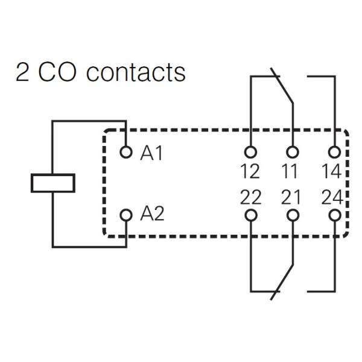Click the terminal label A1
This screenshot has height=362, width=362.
coord(151,154)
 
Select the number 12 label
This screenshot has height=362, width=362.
coord(250,172)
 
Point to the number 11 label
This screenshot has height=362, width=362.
coord(290,172)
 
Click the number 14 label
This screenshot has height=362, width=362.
coord(331,172)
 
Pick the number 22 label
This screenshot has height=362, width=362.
coord(250,198)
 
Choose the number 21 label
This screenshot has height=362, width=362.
coord(290,198)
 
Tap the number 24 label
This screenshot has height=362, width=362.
coord(331,198)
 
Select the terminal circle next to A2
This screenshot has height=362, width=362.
coord(125,215)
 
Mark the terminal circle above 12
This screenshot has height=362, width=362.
coord(250,152)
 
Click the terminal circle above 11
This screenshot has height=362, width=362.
coord(293,152)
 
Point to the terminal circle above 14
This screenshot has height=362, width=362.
coord(334,152)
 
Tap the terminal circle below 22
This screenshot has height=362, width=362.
coord(250,215)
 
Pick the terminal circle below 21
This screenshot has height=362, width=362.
coord(293,215)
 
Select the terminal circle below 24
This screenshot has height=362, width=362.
coord(334,215)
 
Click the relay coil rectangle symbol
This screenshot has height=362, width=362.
coord(53,183)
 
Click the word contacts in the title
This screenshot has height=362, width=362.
coord(136,72)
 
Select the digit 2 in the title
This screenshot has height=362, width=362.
coord(22,72)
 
